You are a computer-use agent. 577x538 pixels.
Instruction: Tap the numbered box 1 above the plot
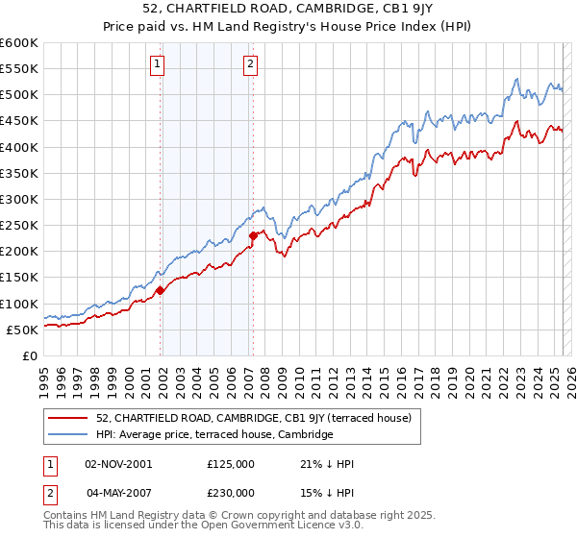click(x=157, y=65)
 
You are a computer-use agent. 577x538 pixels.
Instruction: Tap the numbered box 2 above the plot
click(x=250, y=65)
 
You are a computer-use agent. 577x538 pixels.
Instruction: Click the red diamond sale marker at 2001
click(x=161, y=291)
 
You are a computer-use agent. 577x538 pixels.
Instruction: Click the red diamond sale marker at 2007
click(x=253, y=235)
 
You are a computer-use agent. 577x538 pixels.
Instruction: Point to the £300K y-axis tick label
click(x=18, y=200)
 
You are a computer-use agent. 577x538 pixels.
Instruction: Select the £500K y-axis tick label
click(x=18, y=95)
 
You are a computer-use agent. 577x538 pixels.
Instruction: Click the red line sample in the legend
click(x=69, y=418)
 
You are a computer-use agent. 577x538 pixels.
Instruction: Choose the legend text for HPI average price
click(x=214, y=434)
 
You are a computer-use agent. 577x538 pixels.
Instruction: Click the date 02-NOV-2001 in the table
click(x=118, y=464)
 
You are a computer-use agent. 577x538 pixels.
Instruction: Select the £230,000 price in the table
click(x=231, y=492)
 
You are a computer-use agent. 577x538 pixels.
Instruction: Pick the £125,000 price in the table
click(x=231, y=464)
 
